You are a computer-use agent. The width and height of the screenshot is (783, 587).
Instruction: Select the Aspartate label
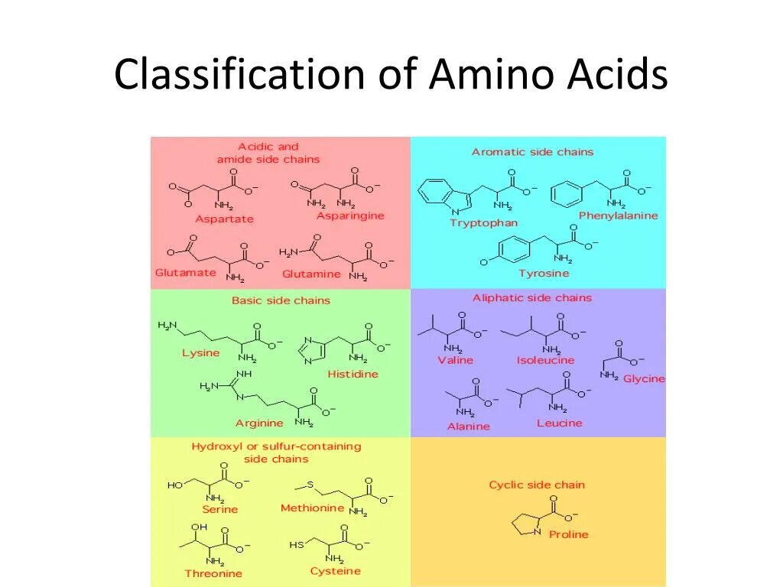[x=224, y=219]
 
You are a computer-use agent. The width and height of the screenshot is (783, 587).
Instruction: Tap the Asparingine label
[x=350, y=216]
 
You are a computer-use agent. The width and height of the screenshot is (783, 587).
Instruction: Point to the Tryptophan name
[x=483, y=223]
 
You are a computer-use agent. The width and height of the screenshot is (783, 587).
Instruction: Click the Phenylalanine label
[x=618, y=216]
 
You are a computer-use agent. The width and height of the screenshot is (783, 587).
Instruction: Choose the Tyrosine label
[x=544, y=274]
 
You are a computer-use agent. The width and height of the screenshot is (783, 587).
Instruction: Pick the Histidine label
[x=353, y=375]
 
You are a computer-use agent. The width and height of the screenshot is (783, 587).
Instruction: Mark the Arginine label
[x=259, y=423]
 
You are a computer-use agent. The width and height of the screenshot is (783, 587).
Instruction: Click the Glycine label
[x=644, y=379]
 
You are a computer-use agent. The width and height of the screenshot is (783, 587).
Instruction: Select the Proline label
[x=569, y=535]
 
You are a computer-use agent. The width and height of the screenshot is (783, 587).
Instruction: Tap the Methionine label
[x=312, y=508]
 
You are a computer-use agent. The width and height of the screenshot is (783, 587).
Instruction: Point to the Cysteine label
[x=335, y=572]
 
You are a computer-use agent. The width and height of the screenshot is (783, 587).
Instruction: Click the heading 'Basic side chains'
[x=281, y=300]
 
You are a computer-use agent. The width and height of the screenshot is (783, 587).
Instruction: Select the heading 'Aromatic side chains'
[x=532, y=152]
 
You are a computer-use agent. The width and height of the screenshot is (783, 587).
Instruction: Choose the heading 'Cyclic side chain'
[x=537, y=485]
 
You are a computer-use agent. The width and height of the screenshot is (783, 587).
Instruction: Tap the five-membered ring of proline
[x=526, y=524]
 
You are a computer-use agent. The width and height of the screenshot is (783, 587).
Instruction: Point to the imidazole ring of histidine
[x=314, y=349]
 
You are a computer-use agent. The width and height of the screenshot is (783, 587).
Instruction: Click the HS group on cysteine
[x=297, y=546]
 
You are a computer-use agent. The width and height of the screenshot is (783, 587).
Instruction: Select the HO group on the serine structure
[x=175, y=485]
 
